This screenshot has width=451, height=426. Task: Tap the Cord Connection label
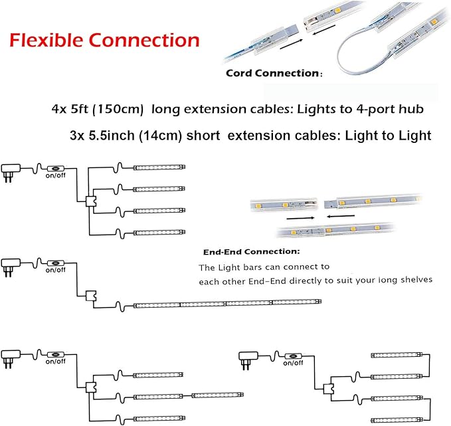pos(272,73)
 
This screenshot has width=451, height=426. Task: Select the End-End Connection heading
pos(252,253)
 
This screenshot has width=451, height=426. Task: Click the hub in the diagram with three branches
pos(91,387)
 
